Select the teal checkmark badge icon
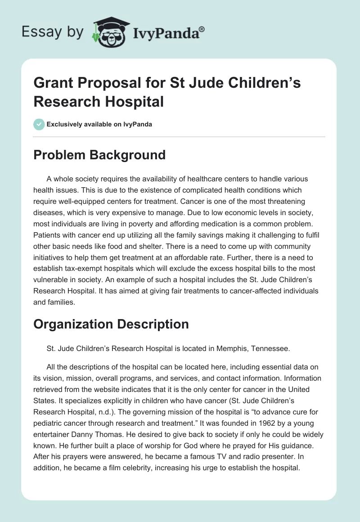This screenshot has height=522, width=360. (39, 124)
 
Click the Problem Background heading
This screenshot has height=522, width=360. (99, 155)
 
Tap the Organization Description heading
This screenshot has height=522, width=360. (111, 324)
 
